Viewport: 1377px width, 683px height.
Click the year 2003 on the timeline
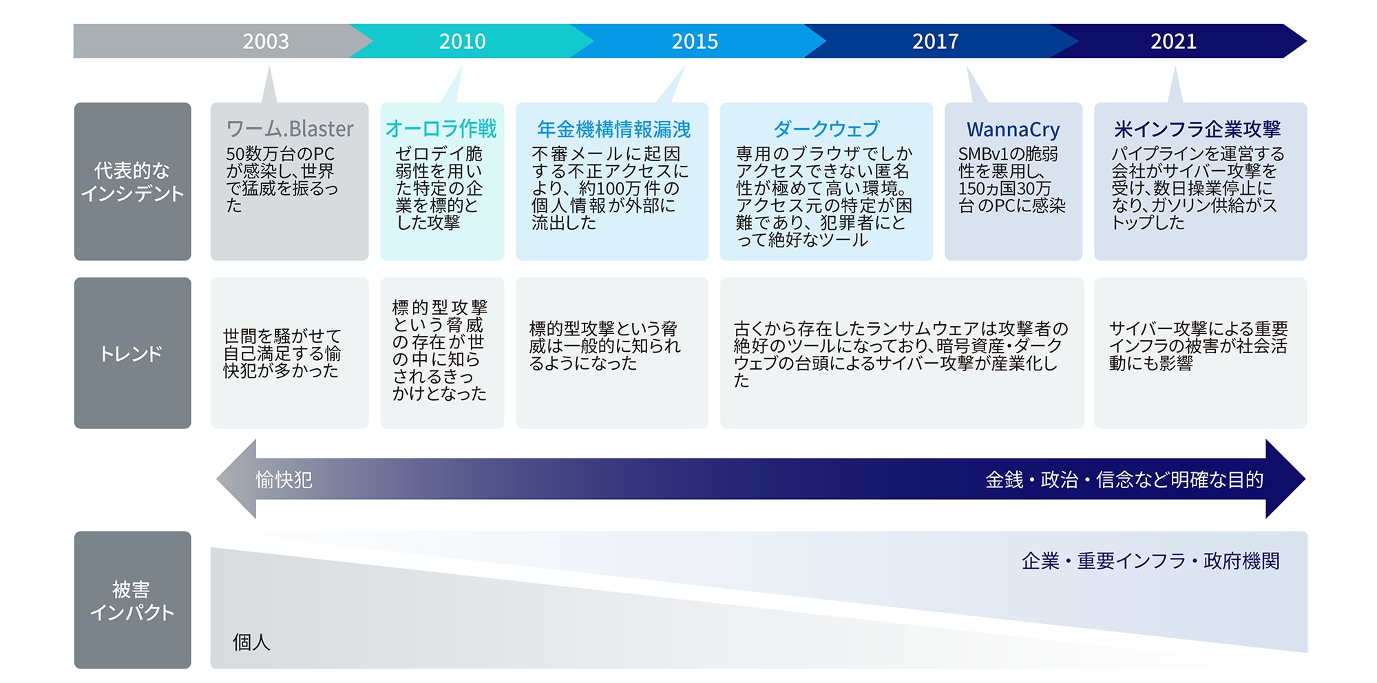[266, 41]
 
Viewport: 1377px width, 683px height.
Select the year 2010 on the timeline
[463, 41]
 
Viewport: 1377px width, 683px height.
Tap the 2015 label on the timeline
[695, 41]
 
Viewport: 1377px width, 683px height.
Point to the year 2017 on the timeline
[935, 41]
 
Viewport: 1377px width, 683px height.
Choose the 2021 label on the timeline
[1173, 41]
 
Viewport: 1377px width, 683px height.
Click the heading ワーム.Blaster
[290, 129]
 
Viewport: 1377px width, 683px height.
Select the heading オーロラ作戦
[441, 129]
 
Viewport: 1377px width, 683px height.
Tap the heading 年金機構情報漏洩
[613, 129]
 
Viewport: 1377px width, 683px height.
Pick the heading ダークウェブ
[826, 129]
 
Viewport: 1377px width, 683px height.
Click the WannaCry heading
[1013, 129]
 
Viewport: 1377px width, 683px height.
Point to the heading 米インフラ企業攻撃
[1197, 129]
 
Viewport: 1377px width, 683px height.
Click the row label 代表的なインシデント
[132, 182]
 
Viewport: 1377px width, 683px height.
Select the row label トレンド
[132, 354]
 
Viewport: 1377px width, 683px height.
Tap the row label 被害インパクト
[132, 600]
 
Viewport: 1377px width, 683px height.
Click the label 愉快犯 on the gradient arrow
[284, 480]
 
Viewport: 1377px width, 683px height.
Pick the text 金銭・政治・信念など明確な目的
[1124, 480]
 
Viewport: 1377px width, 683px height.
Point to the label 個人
[251, 642]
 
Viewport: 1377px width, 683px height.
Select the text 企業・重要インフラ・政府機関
[1150, 561]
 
